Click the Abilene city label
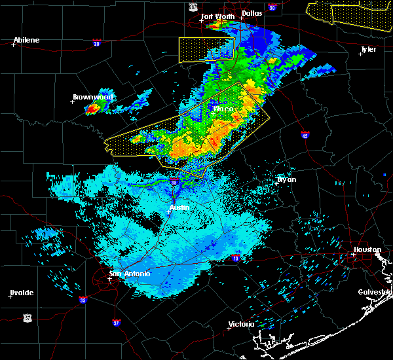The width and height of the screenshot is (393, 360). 26,40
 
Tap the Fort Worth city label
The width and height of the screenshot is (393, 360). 217,16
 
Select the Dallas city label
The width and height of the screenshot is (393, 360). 252,12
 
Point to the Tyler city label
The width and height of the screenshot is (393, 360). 368,49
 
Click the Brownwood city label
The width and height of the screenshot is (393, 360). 92,97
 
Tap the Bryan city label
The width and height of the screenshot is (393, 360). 286,179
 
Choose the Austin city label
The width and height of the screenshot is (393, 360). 179,207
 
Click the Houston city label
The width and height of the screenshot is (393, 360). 367,249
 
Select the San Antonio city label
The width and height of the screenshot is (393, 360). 129,274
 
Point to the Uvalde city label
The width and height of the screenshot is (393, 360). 22,292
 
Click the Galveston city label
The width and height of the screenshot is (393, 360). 374,292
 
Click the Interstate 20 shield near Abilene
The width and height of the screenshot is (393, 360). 96,43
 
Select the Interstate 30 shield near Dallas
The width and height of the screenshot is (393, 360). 272,7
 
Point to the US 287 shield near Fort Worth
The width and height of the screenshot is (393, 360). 193,6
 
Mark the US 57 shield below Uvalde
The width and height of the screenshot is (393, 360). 27,317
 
